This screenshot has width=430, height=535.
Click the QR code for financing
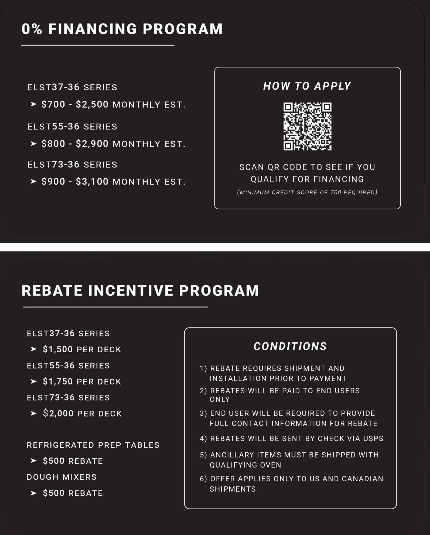coord(307,126)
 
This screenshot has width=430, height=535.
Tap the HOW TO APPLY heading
coord(307,86)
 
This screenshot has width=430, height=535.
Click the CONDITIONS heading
coord(290,346)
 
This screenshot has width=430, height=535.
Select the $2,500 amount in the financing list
coord(92,104)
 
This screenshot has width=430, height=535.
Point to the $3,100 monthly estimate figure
coord(92,182)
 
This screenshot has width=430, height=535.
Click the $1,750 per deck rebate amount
coord(58,381)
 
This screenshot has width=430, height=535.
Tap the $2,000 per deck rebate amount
coord(58,413)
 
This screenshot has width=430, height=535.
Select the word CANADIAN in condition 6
coord(362,479)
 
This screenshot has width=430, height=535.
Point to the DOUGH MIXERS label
coord(62,477)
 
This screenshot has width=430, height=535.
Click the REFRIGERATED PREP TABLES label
coord(93,445)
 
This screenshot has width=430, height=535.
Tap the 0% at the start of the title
coord(32,29)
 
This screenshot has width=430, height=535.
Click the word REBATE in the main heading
coord(52,291)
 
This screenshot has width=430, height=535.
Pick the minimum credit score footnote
coord(307,192)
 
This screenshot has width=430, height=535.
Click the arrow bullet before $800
coord(33,144)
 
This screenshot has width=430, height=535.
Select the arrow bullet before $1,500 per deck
coord(33,349)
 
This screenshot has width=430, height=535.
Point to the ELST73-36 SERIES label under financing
coord(72,165)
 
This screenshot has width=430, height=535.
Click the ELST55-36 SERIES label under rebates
coord(68,366)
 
